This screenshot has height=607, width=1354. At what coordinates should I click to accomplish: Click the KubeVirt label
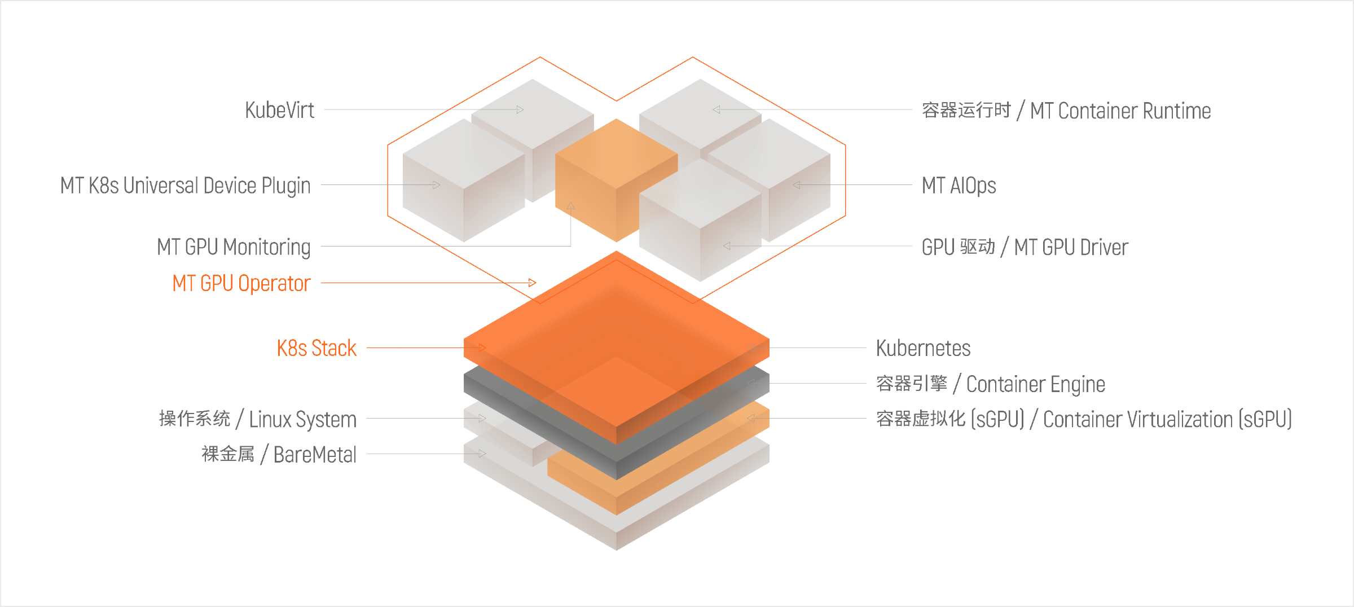pos(279,110)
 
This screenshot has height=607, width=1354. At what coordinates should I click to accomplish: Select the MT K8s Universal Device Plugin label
pos(186,186)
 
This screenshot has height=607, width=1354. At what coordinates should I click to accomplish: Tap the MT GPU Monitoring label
pos(234,247)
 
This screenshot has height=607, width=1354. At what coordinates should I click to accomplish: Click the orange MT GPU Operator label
pos(241,283)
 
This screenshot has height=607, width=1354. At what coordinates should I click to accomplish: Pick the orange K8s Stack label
pos(317,348)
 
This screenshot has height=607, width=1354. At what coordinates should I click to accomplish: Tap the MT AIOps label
pos(959,186)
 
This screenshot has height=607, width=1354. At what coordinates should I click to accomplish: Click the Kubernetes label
pos(924,348)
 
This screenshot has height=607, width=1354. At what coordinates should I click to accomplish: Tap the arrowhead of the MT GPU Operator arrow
pos(533,282)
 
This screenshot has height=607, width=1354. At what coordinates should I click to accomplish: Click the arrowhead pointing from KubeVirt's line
pos(520,109)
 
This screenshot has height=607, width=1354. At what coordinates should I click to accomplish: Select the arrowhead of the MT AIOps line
pos(797,184)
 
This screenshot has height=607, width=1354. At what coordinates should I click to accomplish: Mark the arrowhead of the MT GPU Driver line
pos(727,246)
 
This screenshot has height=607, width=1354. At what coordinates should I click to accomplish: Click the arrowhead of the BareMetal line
pos(482,453)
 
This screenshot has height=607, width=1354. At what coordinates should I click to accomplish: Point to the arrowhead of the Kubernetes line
pos(751,348)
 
